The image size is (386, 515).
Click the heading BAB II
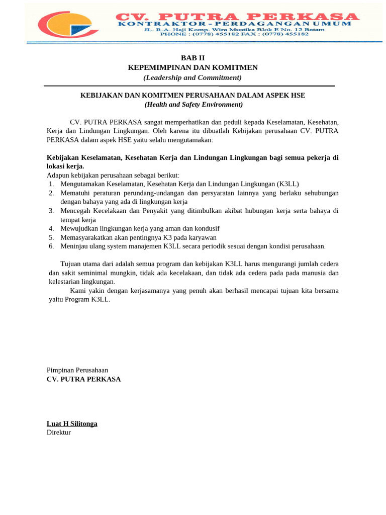point(193,58)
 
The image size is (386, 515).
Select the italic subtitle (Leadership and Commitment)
point(193,77)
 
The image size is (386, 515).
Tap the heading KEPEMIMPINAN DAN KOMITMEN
point(193,67)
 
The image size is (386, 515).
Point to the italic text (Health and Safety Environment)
point(194,105)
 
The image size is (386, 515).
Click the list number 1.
point(51,184)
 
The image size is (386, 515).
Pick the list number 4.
point(51,228)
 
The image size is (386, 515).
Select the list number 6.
point(51,246)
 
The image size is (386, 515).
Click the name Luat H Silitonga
point(72,423)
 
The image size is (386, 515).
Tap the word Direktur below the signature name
point(59,432)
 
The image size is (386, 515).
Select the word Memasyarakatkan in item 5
point(86,237)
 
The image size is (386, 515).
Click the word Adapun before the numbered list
point(58,175)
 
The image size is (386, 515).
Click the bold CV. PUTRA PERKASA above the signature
point(83,379)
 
